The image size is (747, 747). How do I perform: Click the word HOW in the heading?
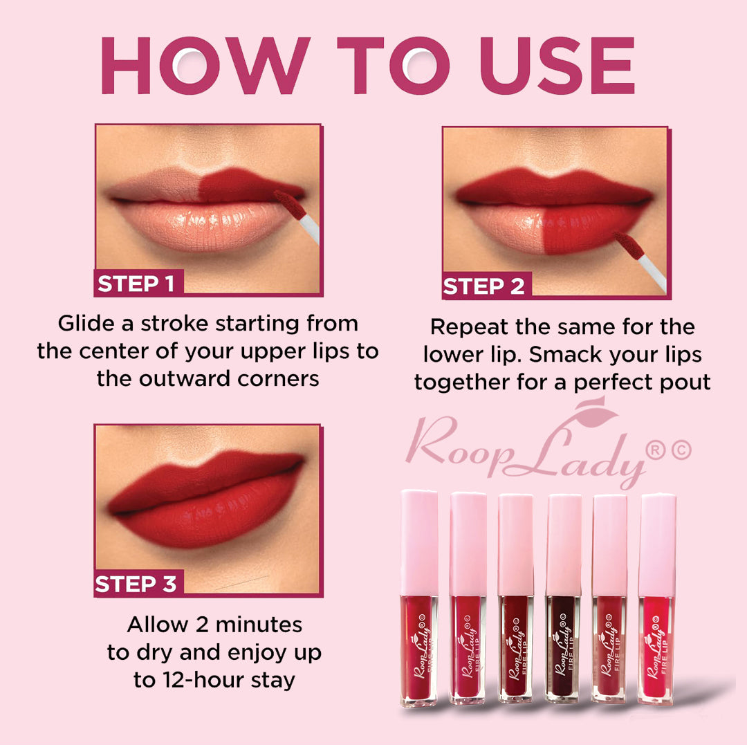[206, 65]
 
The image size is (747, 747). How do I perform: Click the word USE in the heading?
[557, 65]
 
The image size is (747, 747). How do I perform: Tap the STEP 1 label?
[136, 284]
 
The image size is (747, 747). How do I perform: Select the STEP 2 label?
[483, 286]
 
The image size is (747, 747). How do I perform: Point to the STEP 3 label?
[136, 584]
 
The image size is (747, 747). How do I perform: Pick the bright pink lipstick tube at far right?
[656, 599]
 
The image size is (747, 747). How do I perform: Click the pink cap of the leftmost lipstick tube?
[419, 542]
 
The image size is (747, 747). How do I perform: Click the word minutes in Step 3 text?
[259, 625]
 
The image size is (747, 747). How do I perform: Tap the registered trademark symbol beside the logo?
[656, 451]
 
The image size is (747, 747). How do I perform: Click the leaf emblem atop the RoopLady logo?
[596, 411]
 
